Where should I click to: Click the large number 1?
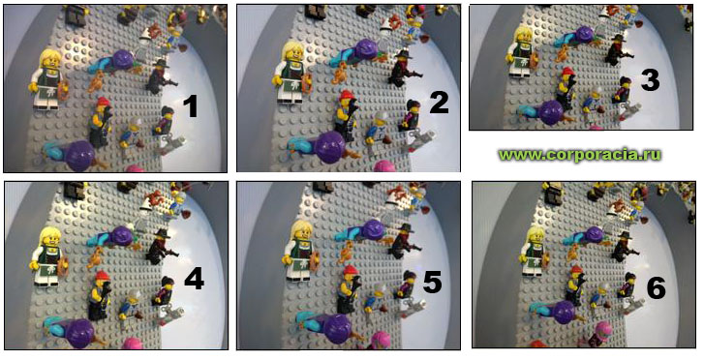coord(192,107)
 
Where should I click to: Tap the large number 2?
coord(439,103)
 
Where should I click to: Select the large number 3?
coord(650,80)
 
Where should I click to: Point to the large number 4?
coord(195,280)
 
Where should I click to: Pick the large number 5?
coord(432,283)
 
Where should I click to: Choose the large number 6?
coord(656,287)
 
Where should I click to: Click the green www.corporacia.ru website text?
coord(580,155)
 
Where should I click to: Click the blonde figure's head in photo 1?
coord(50,60)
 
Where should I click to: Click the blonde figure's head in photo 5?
coord(301,232)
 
